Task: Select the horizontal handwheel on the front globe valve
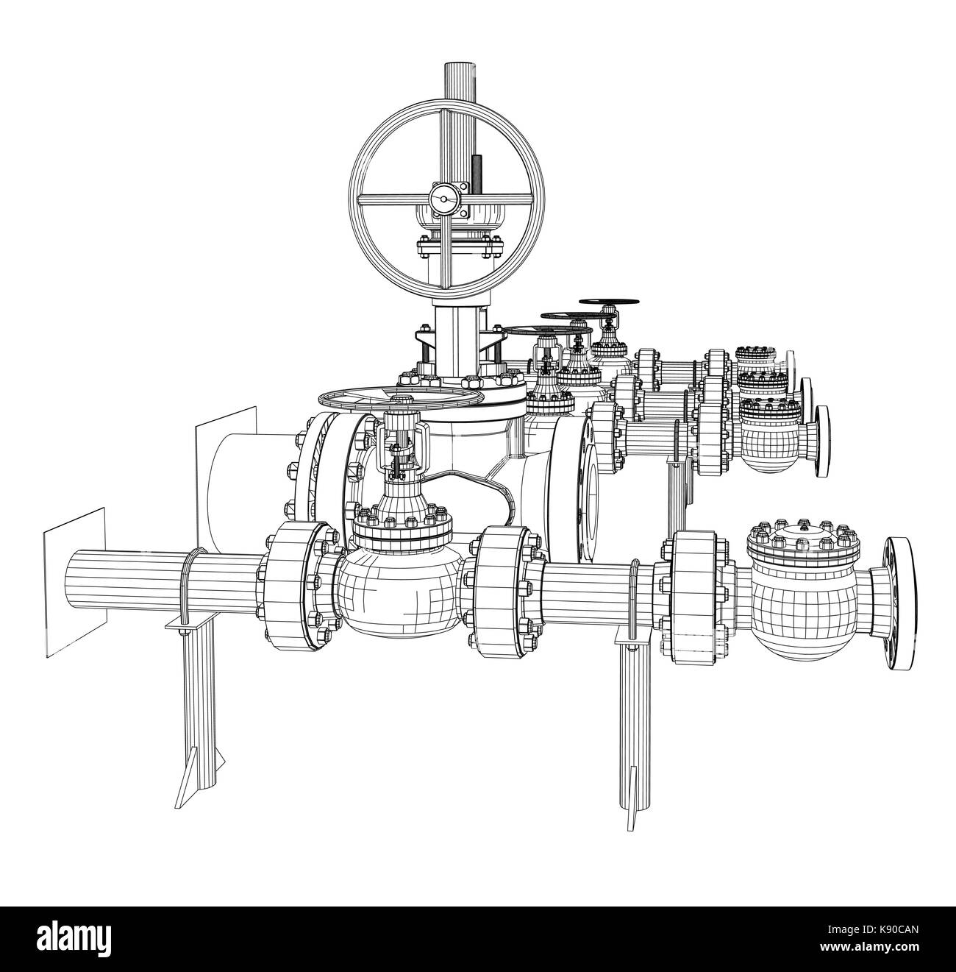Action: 401,400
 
